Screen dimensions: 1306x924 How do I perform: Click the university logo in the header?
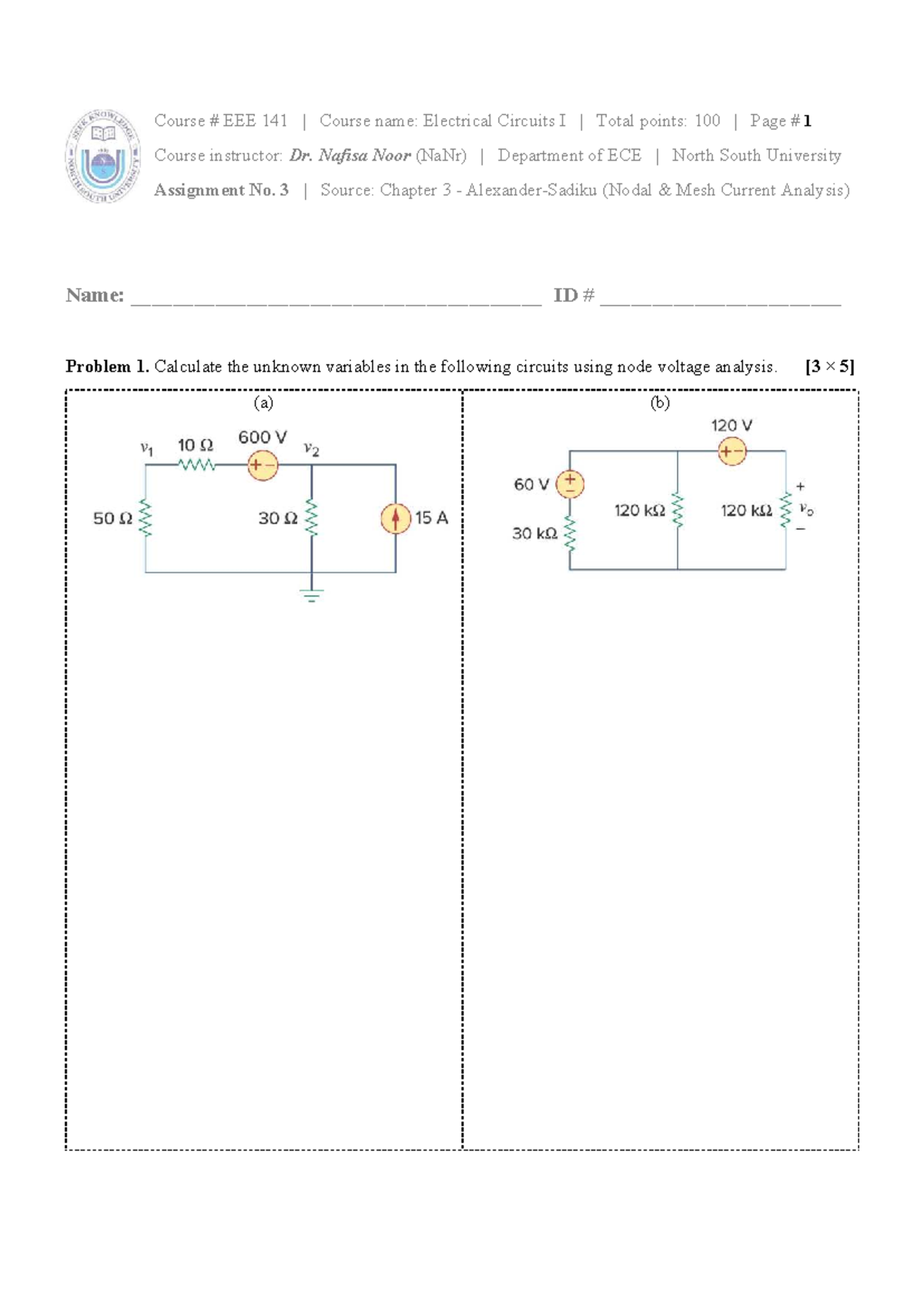click(102, 156)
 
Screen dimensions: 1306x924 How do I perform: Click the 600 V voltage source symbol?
click(263, 465)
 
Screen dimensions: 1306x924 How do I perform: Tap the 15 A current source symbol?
click(396, 518)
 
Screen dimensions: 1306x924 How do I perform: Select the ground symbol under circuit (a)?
click(312, 594)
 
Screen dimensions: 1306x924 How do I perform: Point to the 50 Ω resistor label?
click(112, 519)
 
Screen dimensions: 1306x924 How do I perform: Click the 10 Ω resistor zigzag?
click(196, 465)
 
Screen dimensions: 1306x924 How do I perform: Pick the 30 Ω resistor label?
click(278, 519)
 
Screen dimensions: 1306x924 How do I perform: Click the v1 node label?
click(146, 447)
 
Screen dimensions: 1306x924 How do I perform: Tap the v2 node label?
click(311, 449)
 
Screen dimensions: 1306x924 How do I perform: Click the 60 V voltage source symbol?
click(570, 484)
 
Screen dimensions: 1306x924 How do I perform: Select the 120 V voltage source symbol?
click(731, 451)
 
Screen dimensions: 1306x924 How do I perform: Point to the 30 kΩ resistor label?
click(534, 534)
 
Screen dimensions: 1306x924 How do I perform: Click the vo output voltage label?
click(806, 509)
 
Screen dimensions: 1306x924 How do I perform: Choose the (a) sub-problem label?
click(263, 403)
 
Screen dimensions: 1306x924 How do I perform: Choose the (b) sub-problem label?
click(660, 403)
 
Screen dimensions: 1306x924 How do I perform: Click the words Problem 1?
click(107, 367)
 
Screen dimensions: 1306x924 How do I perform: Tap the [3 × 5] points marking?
click(829, 367)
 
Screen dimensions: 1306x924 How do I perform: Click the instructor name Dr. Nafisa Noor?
click(350, 156)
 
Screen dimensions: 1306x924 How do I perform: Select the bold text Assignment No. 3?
click(221, 190)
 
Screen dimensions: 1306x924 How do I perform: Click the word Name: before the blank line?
click(95, 295)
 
